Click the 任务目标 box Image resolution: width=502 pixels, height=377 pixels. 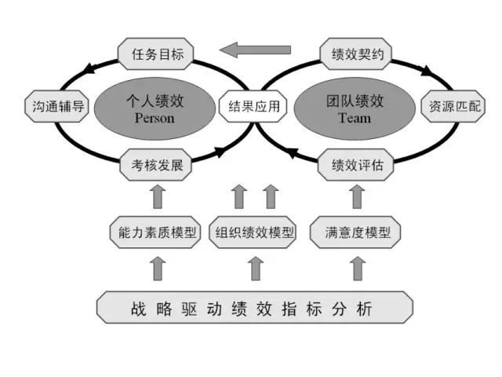(156, 53)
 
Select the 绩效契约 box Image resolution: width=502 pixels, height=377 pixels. (356, 53)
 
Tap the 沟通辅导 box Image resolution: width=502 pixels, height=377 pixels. (57, 106)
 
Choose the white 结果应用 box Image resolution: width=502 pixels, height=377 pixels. (253, 106)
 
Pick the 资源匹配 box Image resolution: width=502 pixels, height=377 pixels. (453, 106)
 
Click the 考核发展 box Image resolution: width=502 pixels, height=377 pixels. (156, 165)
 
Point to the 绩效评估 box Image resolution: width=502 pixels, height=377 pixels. (356, 165)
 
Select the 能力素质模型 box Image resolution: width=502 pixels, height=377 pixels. (155, 232)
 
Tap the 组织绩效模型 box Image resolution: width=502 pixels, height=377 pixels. (253, 232)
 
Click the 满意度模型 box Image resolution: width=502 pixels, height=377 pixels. (355, 232)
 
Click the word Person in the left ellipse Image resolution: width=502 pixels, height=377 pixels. (155, 119)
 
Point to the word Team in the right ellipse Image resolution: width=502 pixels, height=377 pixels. (355, 119)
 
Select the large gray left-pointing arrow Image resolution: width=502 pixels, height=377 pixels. (255, 49)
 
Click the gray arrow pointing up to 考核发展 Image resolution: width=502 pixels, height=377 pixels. (158, 196)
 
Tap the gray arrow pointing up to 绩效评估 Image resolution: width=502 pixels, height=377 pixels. (357, 196)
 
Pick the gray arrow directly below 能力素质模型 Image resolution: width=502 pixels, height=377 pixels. (158, 269)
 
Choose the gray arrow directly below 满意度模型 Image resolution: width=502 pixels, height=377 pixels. (358, 269)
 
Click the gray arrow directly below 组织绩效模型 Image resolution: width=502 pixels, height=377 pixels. (256, 269)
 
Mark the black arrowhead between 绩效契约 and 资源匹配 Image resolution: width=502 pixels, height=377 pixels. (427, 71)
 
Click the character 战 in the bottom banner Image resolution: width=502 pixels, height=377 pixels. (139, 309)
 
